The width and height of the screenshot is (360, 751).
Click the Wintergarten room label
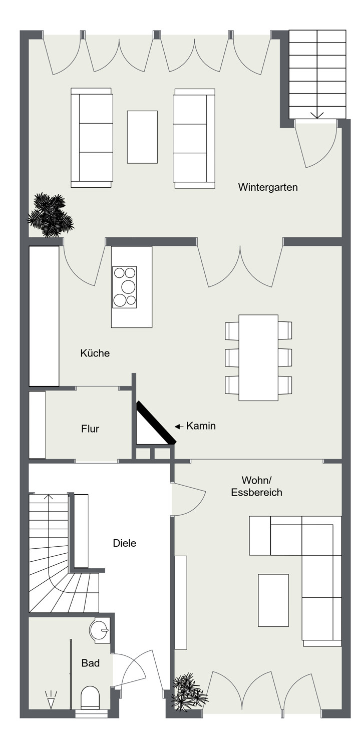coord(268,187)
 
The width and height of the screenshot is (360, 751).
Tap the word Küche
coord(95,353)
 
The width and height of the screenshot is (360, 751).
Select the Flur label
coord(90,429)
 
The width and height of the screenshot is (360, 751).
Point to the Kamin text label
coord(201,426)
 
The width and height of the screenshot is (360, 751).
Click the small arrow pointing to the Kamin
coord(179,427)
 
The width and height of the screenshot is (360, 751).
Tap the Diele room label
coord(124,543)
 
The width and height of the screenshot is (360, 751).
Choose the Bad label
coord(91,663)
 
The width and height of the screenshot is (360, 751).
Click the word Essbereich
coord(256,493)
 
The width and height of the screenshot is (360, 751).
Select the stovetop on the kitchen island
coord(124,287)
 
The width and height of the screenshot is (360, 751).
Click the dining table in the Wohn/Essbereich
coord(258,357)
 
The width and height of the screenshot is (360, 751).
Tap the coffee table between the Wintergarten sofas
coord(142,137)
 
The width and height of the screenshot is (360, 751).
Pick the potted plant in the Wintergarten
coord(50,215)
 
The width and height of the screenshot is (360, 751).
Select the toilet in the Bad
coord(90,698)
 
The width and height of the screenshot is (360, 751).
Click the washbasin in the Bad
coord(100,630)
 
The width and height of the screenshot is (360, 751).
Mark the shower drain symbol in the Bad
coord(51,699)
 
